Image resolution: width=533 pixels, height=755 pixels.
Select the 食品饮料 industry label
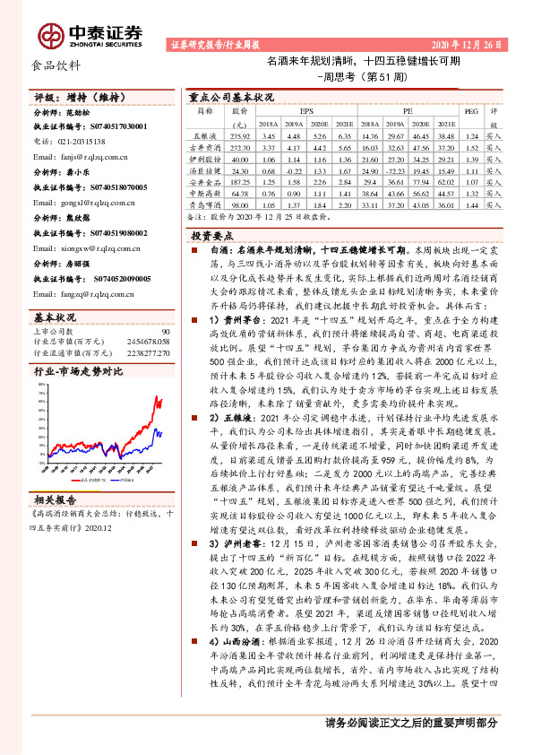click(56, 65)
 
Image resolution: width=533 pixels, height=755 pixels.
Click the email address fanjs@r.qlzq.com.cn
click(91, 156)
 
